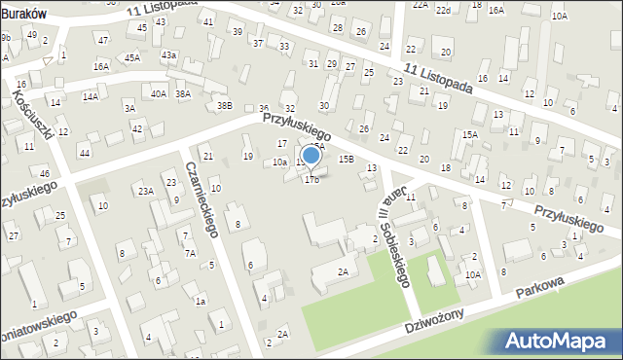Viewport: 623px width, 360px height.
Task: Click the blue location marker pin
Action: (311, 156)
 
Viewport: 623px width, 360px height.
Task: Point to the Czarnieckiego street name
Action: (200, 198)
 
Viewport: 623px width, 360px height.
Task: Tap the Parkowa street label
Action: (542, 289)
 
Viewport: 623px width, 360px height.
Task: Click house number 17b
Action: (311, 180)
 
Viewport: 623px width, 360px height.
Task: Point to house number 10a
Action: (279, 162)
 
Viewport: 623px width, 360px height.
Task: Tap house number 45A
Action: (132, 58)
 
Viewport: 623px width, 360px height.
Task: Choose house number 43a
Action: (169, 55)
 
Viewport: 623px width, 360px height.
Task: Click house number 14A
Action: (90, 96)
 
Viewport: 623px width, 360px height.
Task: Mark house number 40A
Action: (158, 93)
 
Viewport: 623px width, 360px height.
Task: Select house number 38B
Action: (225, 105)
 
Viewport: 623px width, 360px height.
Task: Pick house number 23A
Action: (145, 191)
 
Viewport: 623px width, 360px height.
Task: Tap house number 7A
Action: (191, 253)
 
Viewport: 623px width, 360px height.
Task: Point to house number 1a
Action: (201, 302)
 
